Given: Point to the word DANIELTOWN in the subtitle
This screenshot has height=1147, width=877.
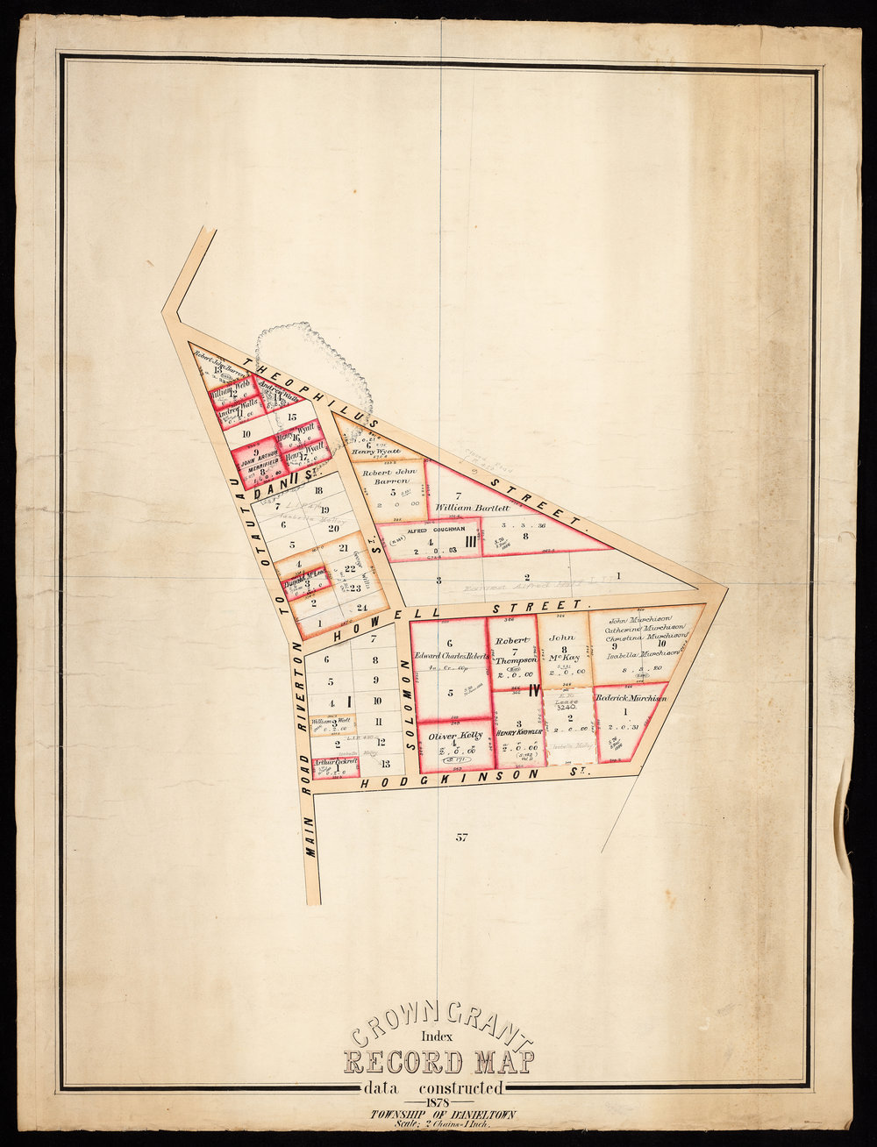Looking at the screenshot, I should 481,1115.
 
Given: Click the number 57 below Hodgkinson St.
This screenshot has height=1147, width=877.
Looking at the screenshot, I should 461,837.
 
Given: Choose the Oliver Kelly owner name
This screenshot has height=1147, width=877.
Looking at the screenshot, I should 450,733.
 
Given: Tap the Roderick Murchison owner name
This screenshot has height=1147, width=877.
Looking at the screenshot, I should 631,698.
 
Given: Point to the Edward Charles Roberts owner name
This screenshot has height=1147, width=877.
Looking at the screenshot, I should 450,655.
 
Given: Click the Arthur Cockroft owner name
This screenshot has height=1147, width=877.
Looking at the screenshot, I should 336,763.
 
